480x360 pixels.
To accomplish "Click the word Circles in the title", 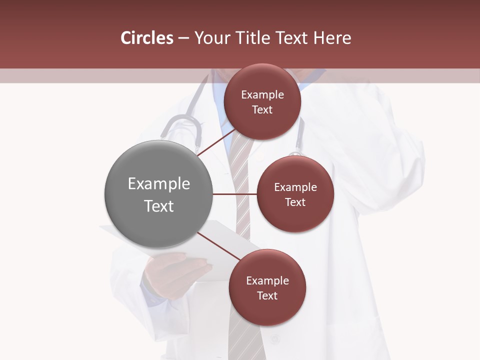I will coord(146,38).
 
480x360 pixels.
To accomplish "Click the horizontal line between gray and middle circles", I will coord(234,194).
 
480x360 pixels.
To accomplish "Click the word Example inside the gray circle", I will coord(159,183).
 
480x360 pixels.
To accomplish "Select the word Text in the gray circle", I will coord(159,206).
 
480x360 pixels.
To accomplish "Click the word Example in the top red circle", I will coord(262,94).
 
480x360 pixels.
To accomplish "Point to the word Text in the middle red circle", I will coord(295,202).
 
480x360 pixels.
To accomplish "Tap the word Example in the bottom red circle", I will coord(267,280).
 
